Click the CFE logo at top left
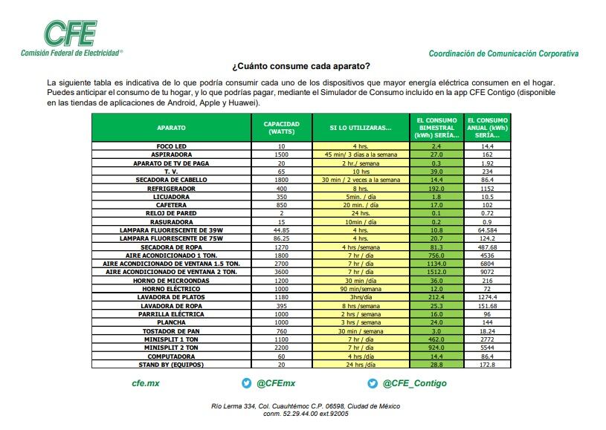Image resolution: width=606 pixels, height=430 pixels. pyautogui.click(x=70, y=33)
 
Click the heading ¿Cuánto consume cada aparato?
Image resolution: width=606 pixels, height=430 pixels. pyautogui.click(x=301, y=66)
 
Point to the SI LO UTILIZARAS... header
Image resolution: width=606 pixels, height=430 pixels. pyautogui.click(x=360, y=128)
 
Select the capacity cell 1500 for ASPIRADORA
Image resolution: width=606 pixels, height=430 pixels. pyautogui.click(x=281, y=154)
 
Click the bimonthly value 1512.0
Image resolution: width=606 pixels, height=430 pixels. pyautogui.click(x=436, y=272)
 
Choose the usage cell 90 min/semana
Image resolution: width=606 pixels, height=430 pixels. pyautogui.click(x=360, y=288)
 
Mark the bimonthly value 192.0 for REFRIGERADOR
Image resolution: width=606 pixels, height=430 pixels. pyautogui.click(x=436, y=189)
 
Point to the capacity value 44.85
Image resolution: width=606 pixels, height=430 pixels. pyautogui.click(x=281, y=230)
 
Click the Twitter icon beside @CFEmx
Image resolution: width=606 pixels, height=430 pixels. pyautogui.click(x=247, y=383)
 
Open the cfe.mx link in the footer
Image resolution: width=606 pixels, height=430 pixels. pyautogui.click(x=146, y=383)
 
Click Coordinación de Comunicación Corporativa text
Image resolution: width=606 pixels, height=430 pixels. pyautogui.click(x=503, y=53)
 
